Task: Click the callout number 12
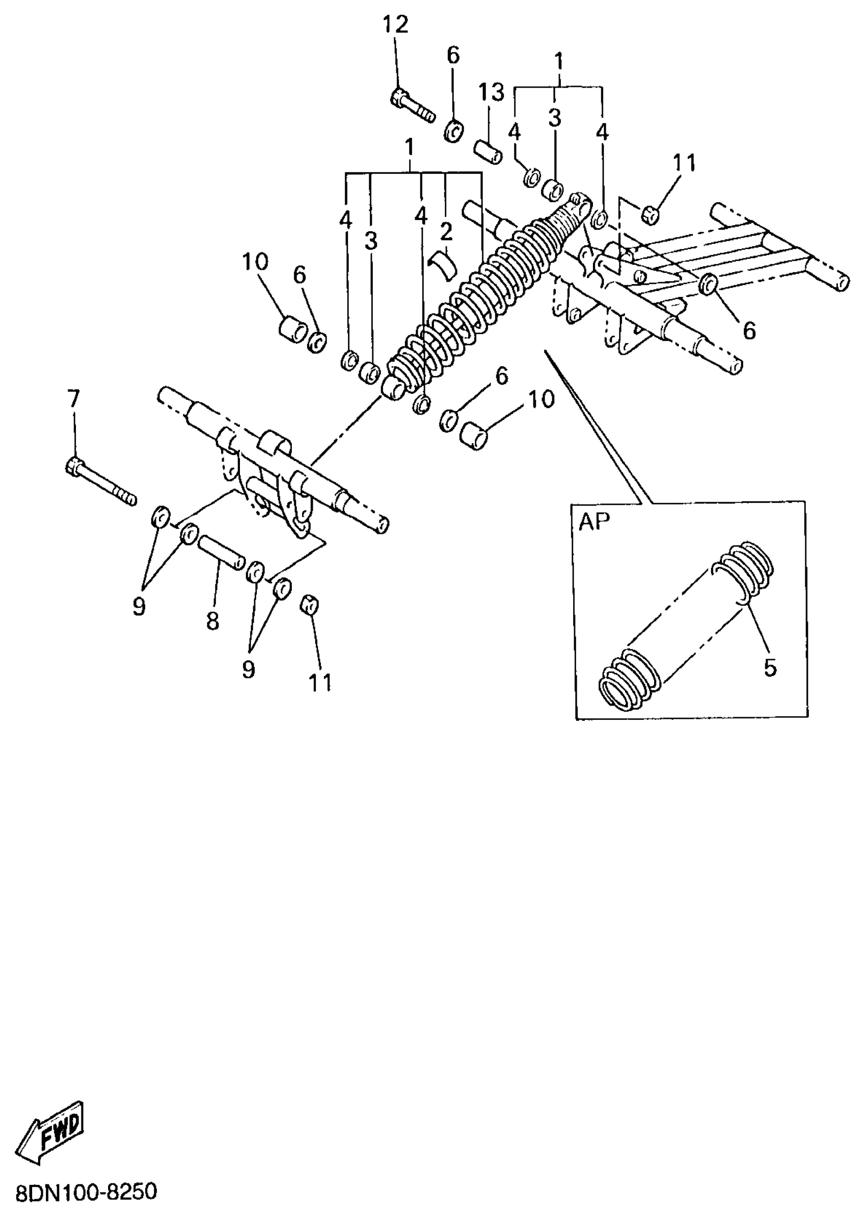coord(396,24)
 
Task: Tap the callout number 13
coord(491,93)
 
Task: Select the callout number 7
coord(73,398)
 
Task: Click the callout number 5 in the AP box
coord(770,667)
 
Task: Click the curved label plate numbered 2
coord(444,264)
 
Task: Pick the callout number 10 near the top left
coord(255,262)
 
